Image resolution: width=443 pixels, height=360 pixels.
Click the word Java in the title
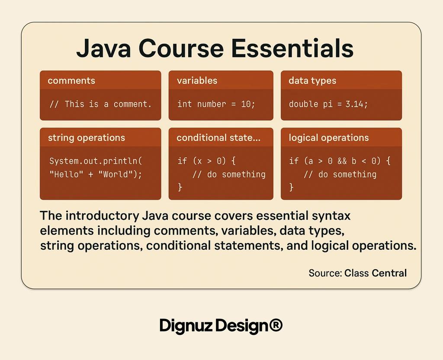coord(104,48)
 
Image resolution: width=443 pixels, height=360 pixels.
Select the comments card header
coord(71,81)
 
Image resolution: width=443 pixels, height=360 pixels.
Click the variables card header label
coord(197,81)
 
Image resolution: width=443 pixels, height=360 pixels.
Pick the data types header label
coord(312,81)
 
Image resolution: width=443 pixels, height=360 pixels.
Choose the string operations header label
coord(86,138)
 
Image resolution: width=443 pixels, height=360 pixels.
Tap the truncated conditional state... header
coord(218,138)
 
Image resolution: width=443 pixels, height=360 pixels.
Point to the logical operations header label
coord(329,138)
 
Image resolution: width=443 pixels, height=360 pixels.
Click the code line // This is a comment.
coord(100,104)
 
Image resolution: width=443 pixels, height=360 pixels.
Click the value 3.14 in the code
coord(356,104)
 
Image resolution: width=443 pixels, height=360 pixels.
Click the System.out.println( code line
coord(96,161)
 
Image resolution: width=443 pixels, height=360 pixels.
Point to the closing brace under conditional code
coord(180,187)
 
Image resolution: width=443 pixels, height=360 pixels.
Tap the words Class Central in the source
coord(376,273)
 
